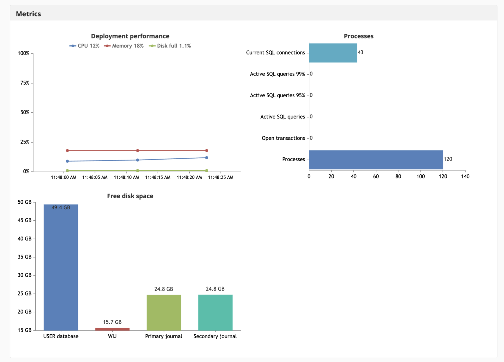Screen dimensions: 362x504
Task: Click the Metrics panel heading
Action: (x=28, y=14)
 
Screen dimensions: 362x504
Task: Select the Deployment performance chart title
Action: (x=130, y=36)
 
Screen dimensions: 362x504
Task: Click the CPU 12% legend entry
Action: (x=84, y=46)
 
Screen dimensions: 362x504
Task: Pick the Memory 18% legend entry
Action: (x=124, y=46)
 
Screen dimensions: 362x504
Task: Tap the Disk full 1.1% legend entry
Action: (x=170, y=46)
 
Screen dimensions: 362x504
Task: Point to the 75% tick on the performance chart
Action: (x=25, y=83)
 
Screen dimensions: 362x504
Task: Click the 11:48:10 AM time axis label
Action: (x=126, y=178)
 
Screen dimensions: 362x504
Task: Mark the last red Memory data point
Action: (x=207, y=150)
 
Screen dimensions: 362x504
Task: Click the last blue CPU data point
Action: (x=207, y=158)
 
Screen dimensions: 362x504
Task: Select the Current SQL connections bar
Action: (x=333, y=53)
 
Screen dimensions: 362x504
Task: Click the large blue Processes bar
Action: (x=376, y=160)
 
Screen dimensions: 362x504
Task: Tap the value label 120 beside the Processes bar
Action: (x=448, y=159)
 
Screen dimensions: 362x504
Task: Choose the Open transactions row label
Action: (x=283, y=138)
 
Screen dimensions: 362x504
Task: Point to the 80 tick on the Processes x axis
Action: (x=398, y=177)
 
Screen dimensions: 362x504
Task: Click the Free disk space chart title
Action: (x=130, y=196)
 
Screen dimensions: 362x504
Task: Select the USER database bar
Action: (x=61, y=267)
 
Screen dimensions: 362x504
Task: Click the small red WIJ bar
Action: (x=112, y=329)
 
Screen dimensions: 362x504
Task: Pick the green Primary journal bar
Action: (x=164, y=313)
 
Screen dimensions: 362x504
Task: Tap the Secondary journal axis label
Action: (x=215, y=337)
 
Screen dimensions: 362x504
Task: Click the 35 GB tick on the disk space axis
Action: (x=25, y=257)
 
